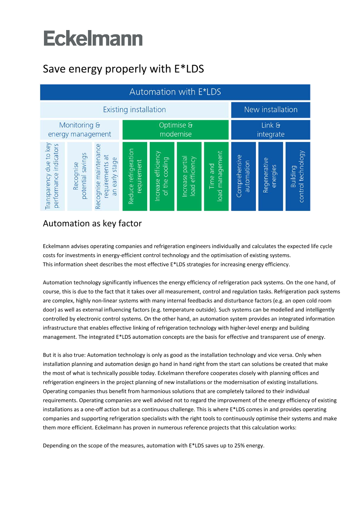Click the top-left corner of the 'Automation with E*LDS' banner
point(40,85)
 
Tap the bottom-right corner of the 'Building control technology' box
point(310,211)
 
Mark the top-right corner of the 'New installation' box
point(310,102)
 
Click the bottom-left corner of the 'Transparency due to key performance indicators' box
point(40,211)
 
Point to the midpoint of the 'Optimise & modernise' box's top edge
point(175,120)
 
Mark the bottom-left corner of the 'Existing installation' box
point(40,118)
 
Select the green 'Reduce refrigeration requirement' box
point(135,176)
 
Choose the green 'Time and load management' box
point(216,176)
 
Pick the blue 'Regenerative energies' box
point(271,176)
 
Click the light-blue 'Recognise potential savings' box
point(80,176)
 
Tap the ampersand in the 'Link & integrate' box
point(278,125)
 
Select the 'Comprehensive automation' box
point(243,176)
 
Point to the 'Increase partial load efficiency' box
point(189,176)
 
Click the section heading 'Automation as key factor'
point(92,224)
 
